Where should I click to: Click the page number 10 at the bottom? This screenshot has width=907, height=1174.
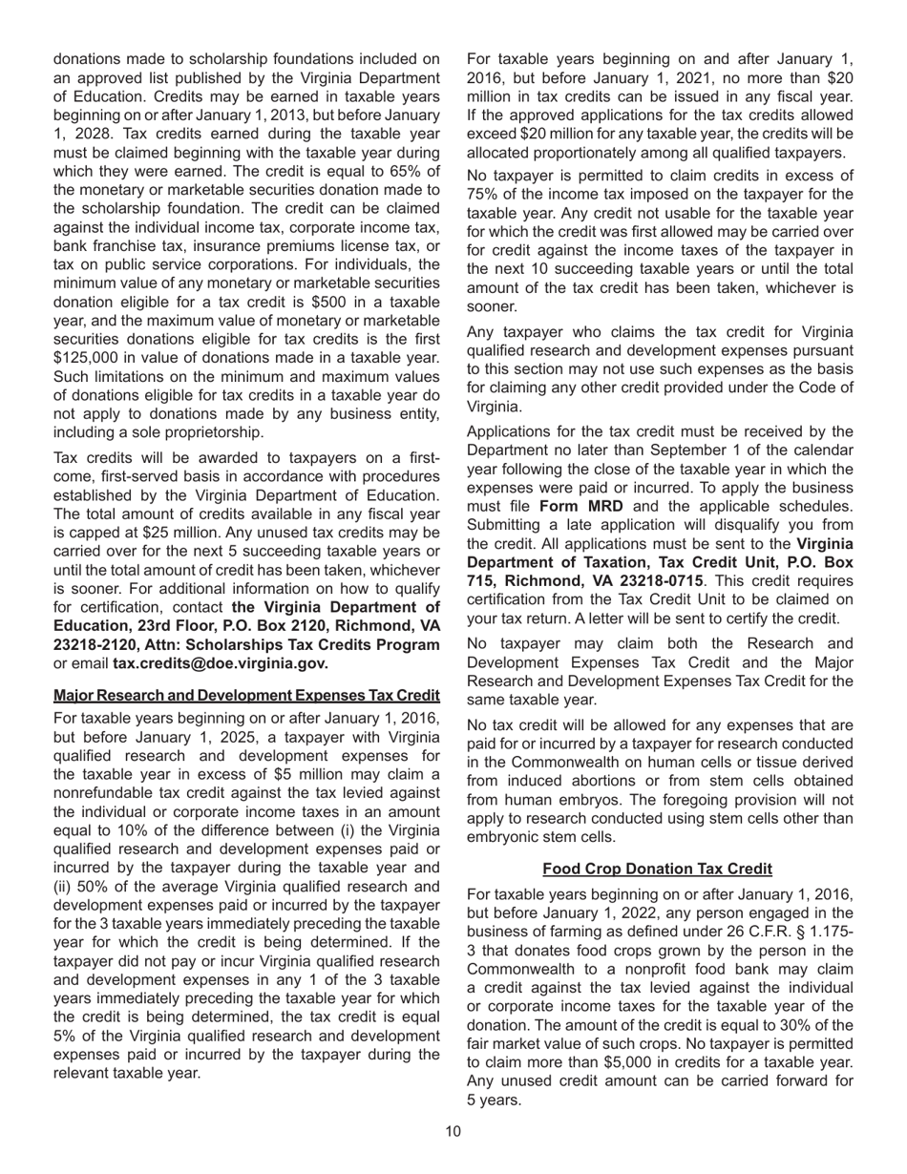pyautogui.click(x=453, y=1131)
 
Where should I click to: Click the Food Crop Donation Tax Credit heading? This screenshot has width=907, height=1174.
pyautogui.click(x=657, y=869)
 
